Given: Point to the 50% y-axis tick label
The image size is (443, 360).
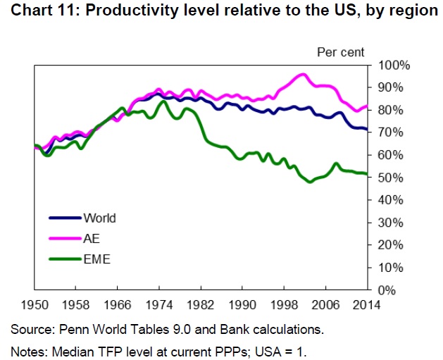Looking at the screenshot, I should point(390,178).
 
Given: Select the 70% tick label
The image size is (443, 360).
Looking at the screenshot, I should point(390,132).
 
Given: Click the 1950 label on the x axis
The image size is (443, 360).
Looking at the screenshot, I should point(34,305).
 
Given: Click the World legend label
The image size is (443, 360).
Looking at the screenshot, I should point(99,218).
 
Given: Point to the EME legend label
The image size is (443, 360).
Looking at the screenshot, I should point(96,260).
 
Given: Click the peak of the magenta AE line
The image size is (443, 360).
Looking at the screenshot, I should point(304,74).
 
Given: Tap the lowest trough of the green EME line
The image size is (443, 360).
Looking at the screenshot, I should point(308,182).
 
